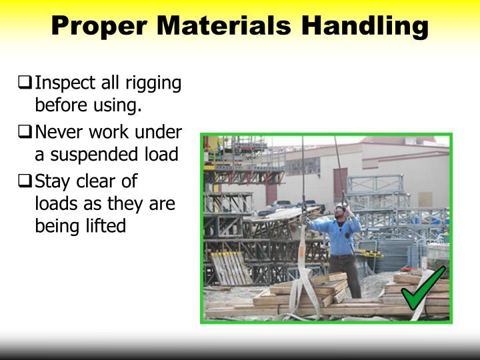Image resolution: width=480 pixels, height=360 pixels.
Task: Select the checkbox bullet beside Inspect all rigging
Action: [26, 84]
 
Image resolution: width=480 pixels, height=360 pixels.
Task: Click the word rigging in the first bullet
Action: [155, 85]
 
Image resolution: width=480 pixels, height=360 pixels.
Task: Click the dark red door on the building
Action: [340, 183]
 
